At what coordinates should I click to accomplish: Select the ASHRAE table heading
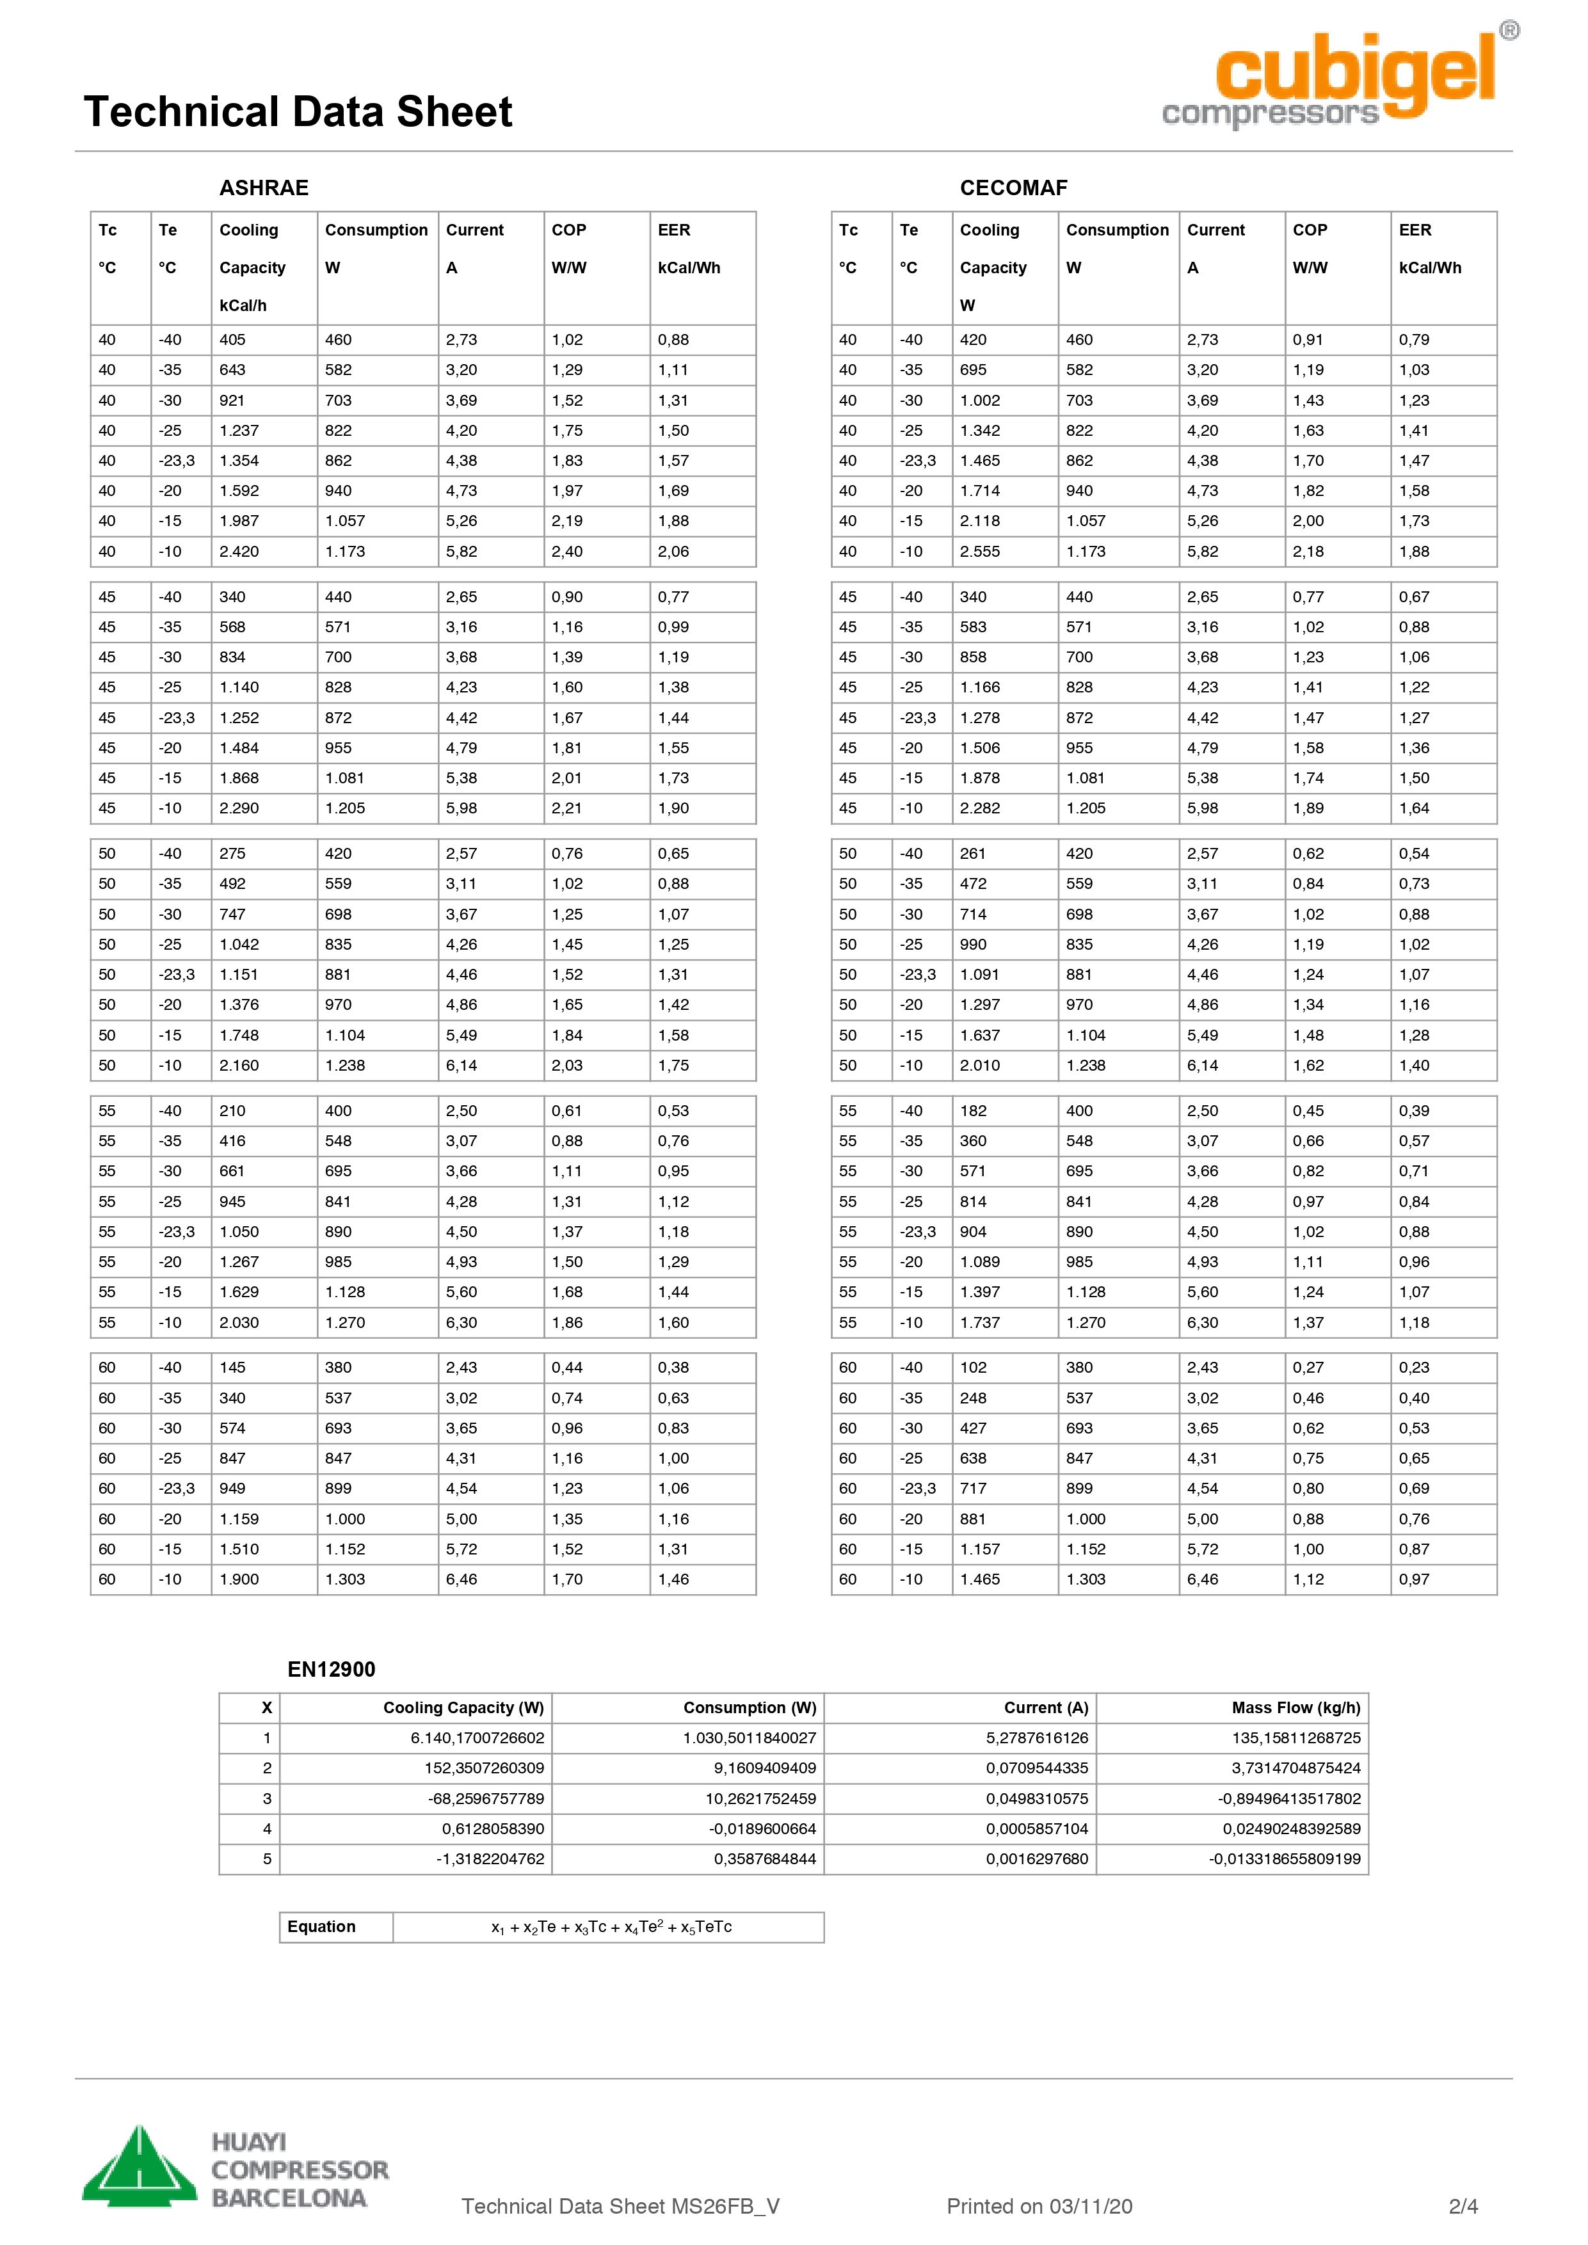[263, 188]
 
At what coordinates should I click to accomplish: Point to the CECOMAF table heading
[1013, 188]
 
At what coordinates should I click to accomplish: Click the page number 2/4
[1463, 2206]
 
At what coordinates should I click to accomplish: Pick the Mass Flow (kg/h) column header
[1295, 1707]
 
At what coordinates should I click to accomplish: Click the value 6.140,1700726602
[477, 1738]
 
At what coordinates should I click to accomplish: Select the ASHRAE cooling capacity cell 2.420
[239, 552]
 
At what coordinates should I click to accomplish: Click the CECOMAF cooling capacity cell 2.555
[980, 552]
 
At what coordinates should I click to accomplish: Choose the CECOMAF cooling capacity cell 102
[973, 1367]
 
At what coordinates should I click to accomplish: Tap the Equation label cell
[322, 1926]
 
